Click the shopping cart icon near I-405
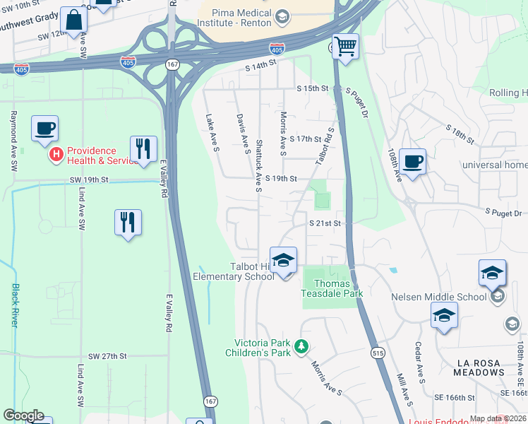point(345,47)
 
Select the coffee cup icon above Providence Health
point(45,129)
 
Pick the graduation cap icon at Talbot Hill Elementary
point(283,260)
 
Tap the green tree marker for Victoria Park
point(301,346)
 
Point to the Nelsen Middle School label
point(439,297)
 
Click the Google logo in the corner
point(23,416)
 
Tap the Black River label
point(15,305)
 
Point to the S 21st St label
point(325,223)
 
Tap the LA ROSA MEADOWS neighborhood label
point(487,367)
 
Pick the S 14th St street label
point(260,64)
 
